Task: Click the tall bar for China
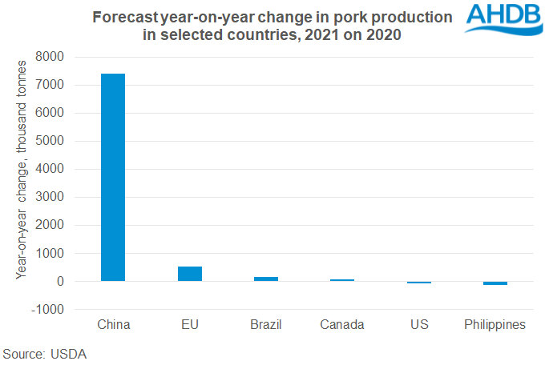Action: point(113,177)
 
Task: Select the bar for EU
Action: point(190,274)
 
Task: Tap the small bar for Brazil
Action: point(266,279)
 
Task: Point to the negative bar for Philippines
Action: point(495,283)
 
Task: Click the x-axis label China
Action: point(113,325)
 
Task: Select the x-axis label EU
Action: point(190,325)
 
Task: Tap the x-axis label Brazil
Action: point(266,325)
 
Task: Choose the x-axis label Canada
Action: point(342,325)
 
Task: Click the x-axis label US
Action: point(418,325)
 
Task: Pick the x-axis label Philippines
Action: point(495,325)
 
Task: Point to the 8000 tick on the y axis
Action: point(52,58)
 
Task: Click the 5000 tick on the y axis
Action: point(52,142)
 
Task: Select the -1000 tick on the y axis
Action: point(50,310)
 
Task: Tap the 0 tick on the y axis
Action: point(60,282)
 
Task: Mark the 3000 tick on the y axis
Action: point(52,198)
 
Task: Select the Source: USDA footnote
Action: point(44,353)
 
